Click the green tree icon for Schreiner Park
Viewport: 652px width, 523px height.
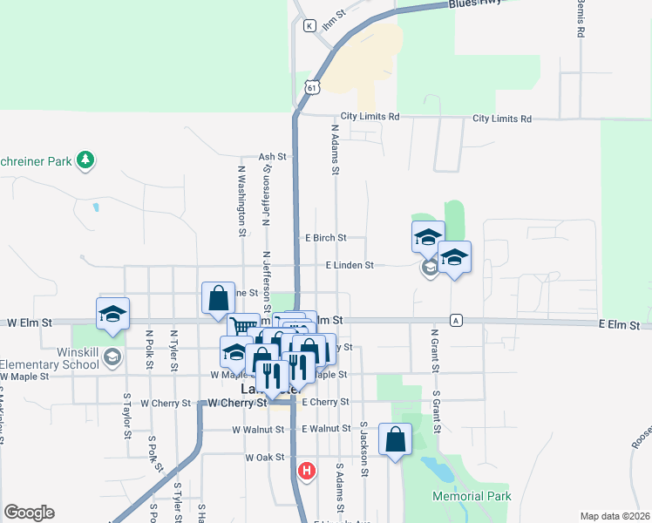pyautogui.click(x=85, y=160)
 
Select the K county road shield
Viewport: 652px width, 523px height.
pyautogui.click(x=309, y=26)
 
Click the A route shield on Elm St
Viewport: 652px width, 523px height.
pyautogui.click(x=455, y=321)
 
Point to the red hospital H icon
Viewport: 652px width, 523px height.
pyautogui.click(x=306, y=472)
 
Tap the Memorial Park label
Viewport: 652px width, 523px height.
pyautogui.click(x=472, y=496)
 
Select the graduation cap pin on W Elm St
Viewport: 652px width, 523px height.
pyautogui.click(x=112, y=314)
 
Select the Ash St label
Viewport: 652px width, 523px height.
pyautogui.click(x=267, y=157)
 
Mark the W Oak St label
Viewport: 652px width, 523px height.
pyautogui.click(x=265, y=457)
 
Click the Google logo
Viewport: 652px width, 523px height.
pyautogui.click(x=29, y=513)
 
